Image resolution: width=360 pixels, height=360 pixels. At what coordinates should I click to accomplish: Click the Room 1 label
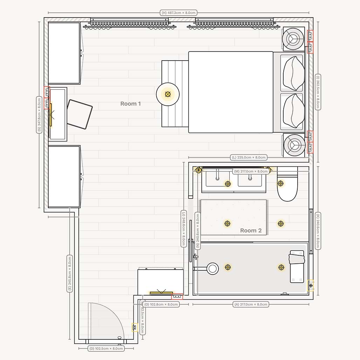point(130,104)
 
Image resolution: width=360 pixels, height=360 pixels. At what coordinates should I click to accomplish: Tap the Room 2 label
point(251,230)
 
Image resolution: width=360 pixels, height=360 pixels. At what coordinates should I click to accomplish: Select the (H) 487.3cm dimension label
point(178,13)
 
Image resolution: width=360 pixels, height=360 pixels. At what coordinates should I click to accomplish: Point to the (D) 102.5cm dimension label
point(106,348)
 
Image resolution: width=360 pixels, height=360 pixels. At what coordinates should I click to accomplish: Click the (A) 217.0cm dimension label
point(251,304)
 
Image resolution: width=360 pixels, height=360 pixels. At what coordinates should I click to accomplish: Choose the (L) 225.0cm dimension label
point(249,158)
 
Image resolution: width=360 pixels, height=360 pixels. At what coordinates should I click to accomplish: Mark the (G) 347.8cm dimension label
point(39,115)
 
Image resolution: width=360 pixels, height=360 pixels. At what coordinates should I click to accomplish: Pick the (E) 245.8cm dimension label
point(70,273)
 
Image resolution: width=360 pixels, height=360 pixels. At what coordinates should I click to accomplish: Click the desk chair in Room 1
point(79,114)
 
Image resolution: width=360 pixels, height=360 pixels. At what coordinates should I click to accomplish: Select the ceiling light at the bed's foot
point(168,94)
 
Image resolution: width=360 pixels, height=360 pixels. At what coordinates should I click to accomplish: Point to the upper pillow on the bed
point(293,73)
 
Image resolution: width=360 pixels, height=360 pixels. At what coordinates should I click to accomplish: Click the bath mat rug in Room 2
point(233,217)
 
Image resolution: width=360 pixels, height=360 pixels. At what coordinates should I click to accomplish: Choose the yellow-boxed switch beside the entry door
point(134,328)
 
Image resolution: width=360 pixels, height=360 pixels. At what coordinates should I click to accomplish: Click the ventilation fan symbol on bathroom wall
point(311,286)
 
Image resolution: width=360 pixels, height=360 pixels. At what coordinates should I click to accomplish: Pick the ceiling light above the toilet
point(281,183)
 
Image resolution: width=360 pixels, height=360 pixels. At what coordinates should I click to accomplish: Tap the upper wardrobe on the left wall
point(64,53)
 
